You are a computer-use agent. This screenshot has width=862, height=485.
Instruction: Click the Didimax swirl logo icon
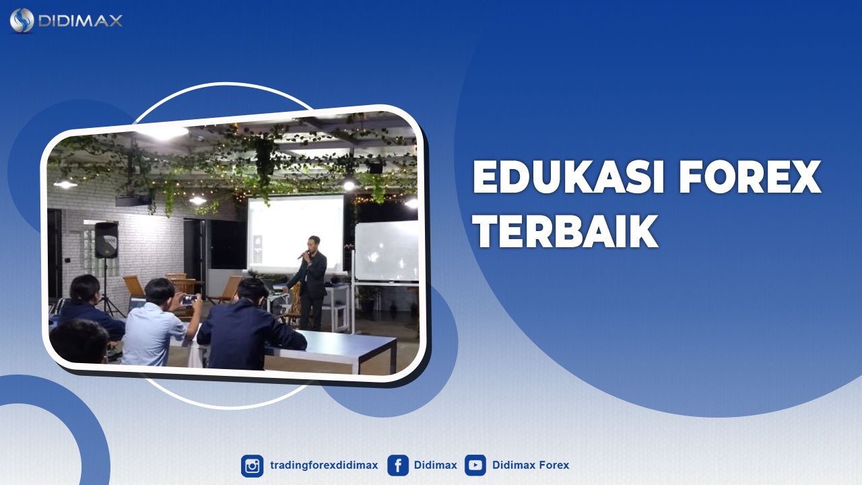[22, 20]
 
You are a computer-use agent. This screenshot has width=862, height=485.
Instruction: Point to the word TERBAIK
[565, 232]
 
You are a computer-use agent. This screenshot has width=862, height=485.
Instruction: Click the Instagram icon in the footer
[253, 465]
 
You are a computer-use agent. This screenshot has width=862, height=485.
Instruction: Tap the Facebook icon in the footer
[398, 465]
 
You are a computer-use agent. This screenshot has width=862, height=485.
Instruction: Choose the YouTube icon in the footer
[475, 465]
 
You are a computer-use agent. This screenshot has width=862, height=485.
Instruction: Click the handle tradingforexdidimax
[324, 465]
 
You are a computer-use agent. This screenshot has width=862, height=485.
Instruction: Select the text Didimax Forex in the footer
[531, 465]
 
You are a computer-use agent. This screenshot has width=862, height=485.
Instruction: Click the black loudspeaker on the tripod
[106, 240]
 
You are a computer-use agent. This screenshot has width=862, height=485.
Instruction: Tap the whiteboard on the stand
[387, 251]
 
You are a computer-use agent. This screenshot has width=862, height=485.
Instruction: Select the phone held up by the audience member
[189, 298]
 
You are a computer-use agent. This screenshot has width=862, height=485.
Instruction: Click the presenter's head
[313, 243]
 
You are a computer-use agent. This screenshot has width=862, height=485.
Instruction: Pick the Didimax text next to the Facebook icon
[436, 465]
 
